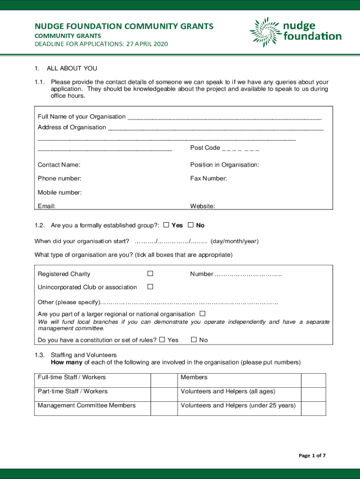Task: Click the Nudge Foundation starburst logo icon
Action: (265, 32)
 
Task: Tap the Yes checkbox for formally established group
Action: (166, 225)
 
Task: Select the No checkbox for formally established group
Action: (191, 225)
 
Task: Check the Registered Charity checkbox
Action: (150, 273)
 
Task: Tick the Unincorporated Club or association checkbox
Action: (150, 286)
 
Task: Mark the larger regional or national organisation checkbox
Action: (202, 313)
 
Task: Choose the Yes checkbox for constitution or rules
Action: (162, 340)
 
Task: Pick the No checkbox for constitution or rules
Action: (194, 340)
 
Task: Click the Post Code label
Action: (205, 148)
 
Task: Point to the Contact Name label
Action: (59, 165)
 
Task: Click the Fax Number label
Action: (209, 178)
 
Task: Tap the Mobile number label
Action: (60, 192)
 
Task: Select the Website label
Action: (202, 206)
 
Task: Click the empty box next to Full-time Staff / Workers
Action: (163, 380)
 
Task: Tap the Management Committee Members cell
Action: (87, 406)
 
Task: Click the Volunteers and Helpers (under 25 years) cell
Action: (238, 406)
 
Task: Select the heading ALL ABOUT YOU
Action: (72, 68)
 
